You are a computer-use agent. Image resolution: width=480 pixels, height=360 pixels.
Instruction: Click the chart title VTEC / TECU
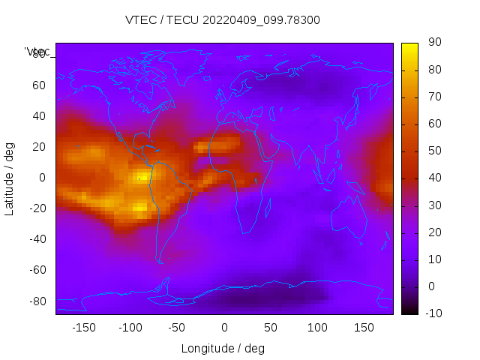click(223, 20)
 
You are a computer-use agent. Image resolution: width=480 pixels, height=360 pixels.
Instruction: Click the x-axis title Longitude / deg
click(223, 348)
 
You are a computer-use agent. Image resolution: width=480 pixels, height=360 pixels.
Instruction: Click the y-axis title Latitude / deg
click(10, 178)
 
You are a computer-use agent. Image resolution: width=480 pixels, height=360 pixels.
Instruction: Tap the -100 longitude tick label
click(130, 328)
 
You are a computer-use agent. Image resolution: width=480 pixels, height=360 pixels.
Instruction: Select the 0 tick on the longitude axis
click(224, 328)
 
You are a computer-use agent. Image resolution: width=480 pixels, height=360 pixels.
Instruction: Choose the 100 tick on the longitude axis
click(317, 328)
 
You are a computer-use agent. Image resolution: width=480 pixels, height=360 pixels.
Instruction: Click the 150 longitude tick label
click(364, 328)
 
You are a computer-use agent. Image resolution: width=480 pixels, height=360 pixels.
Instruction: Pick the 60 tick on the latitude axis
click(39, 85)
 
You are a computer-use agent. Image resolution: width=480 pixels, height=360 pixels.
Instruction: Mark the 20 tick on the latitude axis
click(39, 147)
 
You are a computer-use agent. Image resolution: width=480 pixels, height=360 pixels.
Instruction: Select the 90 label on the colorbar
click(433, 43)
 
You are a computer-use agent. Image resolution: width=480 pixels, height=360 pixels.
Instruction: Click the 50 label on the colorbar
click(433, 151)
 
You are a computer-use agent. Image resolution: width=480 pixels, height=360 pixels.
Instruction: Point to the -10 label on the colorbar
click(433, 313)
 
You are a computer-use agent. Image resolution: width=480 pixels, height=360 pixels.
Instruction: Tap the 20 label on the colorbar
click(433, 232)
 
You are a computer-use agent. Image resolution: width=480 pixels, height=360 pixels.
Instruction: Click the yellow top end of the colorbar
click(409, 46)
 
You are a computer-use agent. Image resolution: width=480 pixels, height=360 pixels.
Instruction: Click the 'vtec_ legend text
click(37, 51)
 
